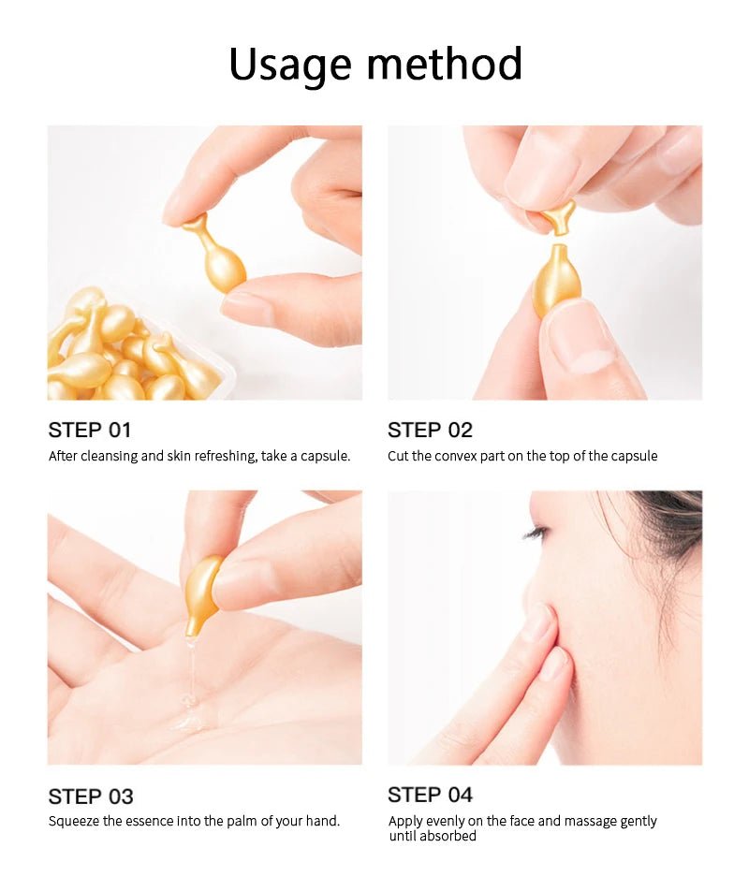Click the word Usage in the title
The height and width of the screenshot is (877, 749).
point(291,64)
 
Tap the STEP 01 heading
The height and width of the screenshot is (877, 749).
point(90,431)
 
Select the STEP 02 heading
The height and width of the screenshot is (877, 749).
point(430,431)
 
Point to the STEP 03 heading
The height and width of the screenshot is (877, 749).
point(90,797)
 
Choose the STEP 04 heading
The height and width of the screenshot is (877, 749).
point(430,795)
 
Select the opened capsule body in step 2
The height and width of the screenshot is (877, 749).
point(555,279)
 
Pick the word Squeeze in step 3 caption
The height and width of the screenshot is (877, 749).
point(73,821)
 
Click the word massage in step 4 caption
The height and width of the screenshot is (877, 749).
point(579,821)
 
